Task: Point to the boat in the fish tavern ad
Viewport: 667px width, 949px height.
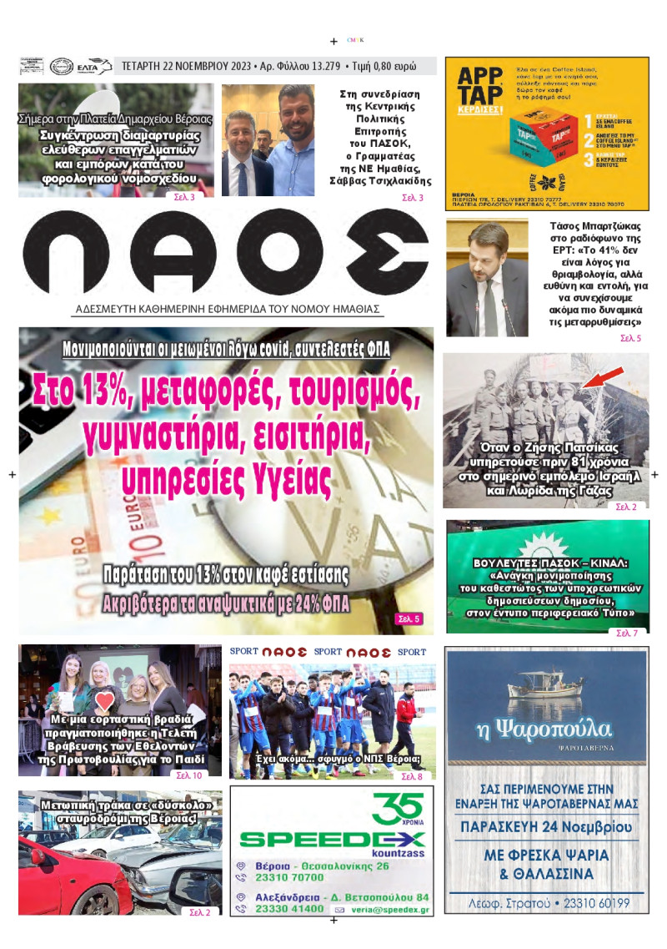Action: [546, 688]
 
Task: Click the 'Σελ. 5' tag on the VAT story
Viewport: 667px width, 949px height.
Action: [409, 618]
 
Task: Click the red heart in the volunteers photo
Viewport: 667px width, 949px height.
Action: [103, 700]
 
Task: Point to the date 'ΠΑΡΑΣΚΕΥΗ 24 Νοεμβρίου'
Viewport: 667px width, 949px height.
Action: [546, 826]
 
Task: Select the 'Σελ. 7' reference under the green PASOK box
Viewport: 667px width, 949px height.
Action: [626, 634]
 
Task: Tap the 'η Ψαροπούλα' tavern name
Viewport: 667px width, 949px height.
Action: [545, 728]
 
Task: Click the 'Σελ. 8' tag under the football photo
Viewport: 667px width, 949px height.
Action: [412, 777]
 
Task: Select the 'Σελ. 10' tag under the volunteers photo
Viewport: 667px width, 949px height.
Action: [188, 775]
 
